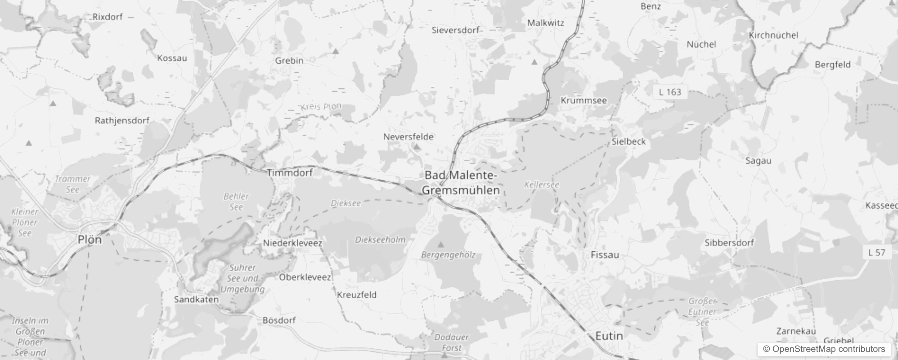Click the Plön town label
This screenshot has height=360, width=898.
coord(90,239)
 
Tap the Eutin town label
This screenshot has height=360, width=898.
coord(609,336)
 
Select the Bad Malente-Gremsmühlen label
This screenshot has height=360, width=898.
coord(461,183)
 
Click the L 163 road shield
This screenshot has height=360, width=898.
coord(670,92)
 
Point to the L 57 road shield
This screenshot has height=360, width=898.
coord(876,252)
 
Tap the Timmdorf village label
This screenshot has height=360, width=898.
coord(289,172)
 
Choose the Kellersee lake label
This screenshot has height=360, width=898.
coord(541,184)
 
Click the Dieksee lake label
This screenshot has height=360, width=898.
coord(346,203)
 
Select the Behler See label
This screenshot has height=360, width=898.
coord(236,202)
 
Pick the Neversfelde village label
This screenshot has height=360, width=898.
coord(408,136)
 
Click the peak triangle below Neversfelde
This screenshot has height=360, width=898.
coord(417,147)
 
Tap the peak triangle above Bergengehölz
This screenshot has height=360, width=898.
coord(441,245)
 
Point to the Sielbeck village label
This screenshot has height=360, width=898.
coord(628,141)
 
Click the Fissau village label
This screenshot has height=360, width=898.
coord(605,255)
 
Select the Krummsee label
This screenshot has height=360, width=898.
coord(584,100)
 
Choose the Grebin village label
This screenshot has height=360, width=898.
coord(289,60)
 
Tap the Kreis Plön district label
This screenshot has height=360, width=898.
coord(321,107)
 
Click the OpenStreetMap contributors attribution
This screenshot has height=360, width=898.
coord(824,349)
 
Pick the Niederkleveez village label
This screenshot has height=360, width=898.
coord(292,243)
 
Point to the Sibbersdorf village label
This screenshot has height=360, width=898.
coord(729,243)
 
